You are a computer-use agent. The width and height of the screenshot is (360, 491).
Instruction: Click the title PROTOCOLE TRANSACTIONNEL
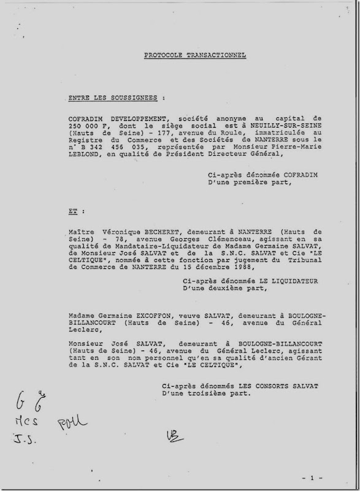195,55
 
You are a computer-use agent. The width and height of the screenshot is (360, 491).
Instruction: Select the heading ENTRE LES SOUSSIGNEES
116,97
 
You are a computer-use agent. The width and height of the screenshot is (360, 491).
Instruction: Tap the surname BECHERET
160,234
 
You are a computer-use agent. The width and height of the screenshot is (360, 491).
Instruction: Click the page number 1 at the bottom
312,477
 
